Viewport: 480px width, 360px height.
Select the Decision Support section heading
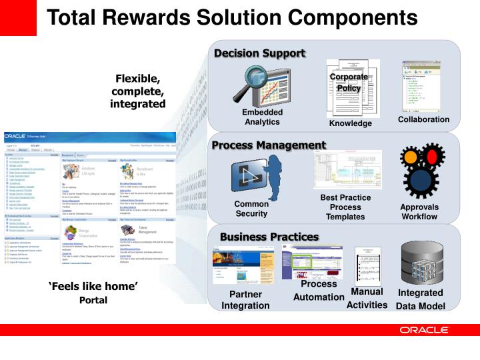tap(259, 53)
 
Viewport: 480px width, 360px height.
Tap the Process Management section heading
tap(269, 145)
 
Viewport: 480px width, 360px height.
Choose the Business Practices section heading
tap(269, 237)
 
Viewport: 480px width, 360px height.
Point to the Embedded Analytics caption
tap(262, 117)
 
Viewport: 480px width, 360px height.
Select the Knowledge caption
tap(350, 123)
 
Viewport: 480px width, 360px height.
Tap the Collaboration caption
tap(423, 119)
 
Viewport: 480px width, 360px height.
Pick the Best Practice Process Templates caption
tap(345, 207)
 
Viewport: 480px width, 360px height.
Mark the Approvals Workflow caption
tap(419, 211)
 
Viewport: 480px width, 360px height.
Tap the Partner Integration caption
tap(245, 300)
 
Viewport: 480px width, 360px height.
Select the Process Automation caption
tap(319, 291)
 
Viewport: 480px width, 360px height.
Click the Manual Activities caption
tap(367, 298)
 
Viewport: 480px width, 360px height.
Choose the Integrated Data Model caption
tap(420, 299)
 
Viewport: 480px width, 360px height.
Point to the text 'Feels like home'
tap(93, 287)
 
